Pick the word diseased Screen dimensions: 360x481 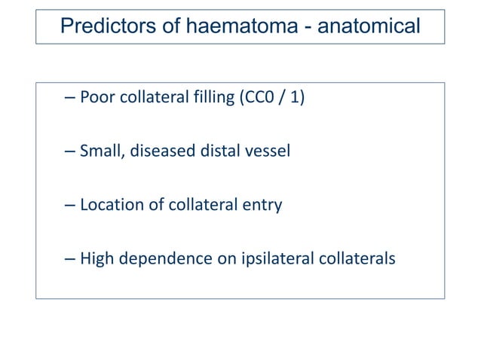(x=159, y=151)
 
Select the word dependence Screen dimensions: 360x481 (x=158, y=258)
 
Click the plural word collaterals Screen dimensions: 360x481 (x=353, y=258)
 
